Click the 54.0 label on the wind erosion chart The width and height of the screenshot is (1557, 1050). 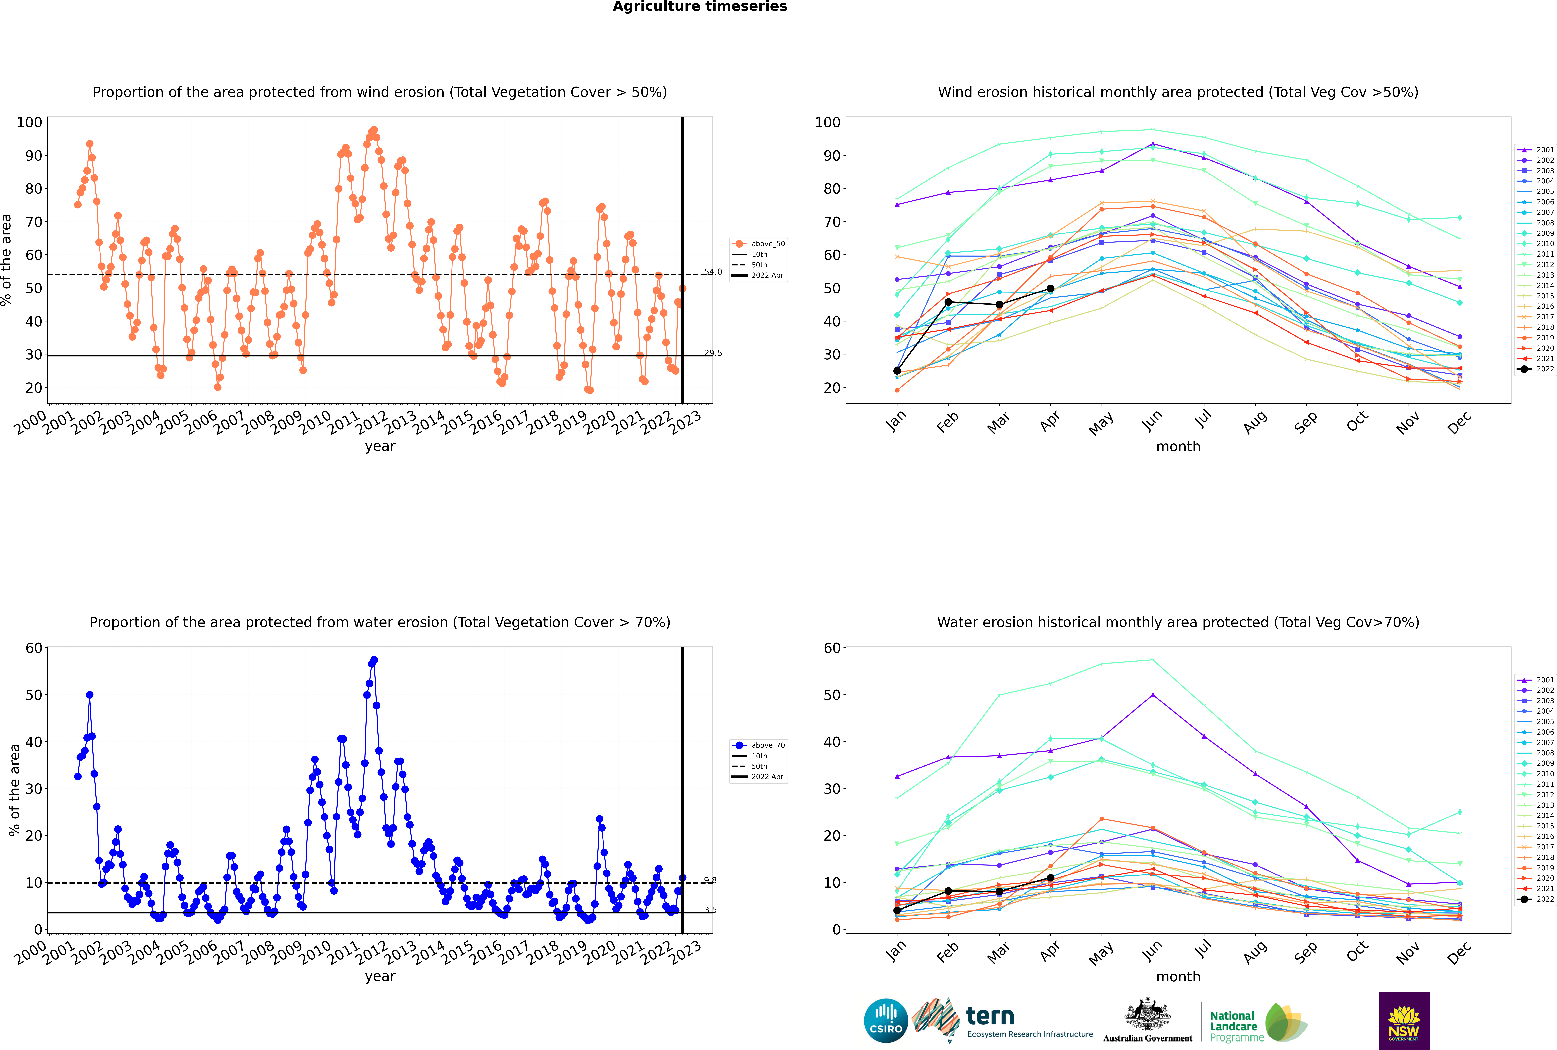[713, 272]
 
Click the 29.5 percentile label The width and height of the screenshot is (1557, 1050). [713, 353]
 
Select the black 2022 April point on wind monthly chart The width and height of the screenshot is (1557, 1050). [1050, 289]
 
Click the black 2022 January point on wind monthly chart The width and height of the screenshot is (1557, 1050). [897, 371]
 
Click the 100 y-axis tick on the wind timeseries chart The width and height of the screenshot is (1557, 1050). [29, 122]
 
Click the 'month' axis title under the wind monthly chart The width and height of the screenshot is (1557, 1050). [1178, 447]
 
